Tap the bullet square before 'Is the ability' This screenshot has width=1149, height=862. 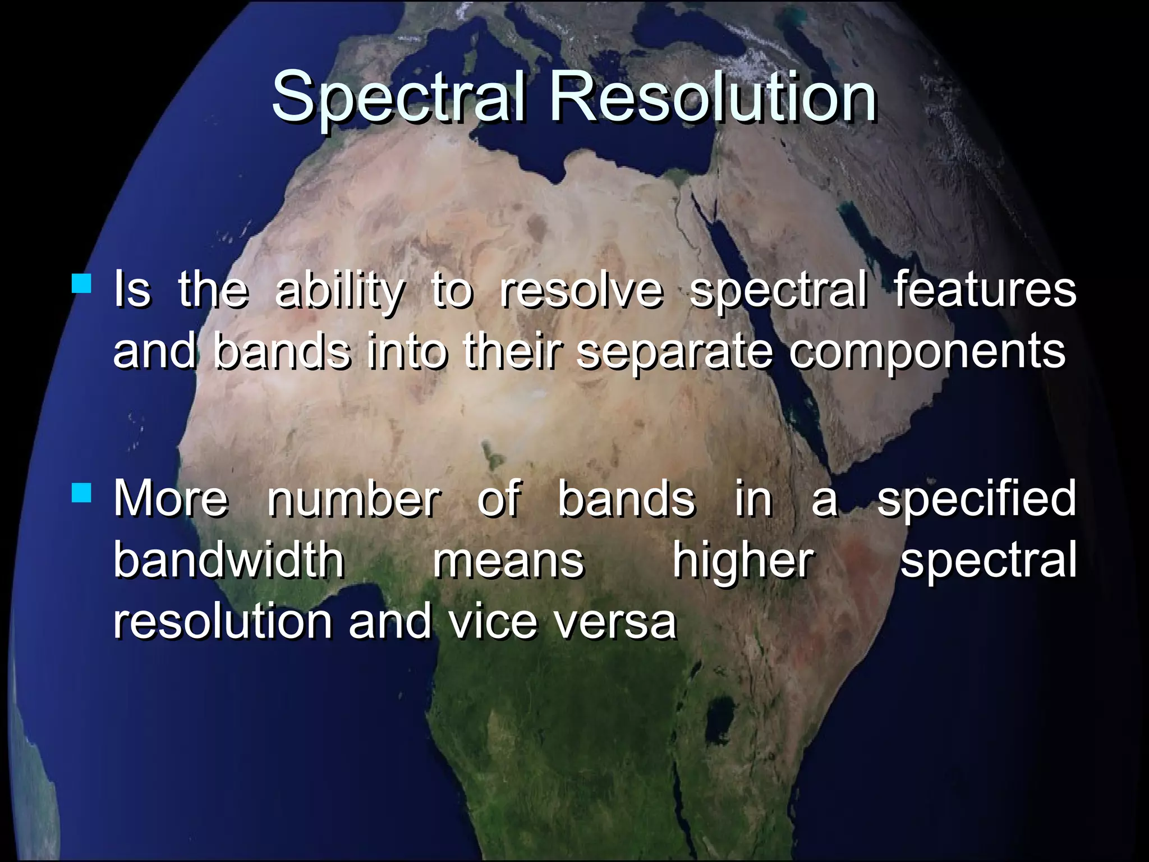82,283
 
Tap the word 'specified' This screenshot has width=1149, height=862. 976,499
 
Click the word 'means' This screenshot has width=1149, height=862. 508,561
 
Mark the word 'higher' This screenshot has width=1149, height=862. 743,561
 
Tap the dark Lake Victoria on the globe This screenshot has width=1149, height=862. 720,721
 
